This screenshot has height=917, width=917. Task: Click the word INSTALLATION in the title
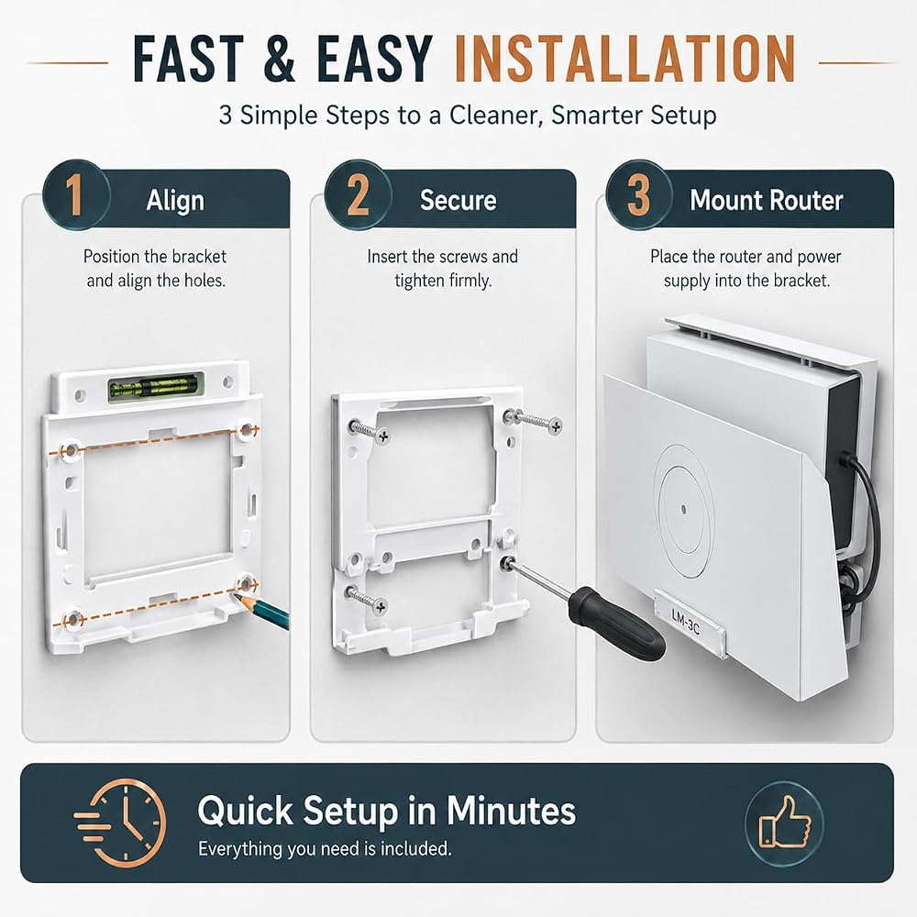(x=624, y=59)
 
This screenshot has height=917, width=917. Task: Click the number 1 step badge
(x=75, y=194)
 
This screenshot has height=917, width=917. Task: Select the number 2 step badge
(x=358, y=194)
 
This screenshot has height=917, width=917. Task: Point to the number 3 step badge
(x=638, y=194)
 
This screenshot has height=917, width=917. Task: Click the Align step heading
(x=175, y=201)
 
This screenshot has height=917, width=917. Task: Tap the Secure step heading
(x=458, y=201)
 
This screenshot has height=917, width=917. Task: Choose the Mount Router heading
(x=766, y=201)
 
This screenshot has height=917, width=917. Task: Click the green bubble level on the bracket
(x=156, y=387)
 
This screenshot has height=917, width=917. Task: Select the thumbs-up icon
(x=784, y=822)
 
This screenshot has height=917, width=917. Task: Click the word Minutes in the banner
(x=511, y=811)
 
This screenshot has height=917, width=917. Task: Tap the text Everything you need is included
(x=325, y=848)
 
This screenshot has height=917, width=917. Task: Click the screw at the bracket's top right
(x=533, y=421)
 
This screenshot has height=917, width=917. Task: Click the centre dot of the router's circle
(x=684, y=510)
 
